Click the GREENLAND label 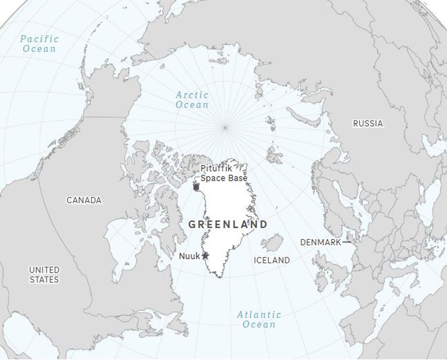(227, 225)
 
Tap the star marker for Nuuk (205, 256)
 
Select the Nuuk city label (189, 256)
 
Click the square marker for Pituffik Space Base (196, 187)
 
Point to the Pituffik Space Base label (223, 173)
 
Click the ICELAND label (272, 260)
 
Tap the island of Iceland (273, 242)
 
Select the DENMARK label (320, 242)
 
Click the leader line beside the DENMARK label (347, 242)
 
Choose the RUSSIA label (368, 124)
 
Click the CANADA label (84, 200)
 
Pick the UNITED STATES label (44, 274)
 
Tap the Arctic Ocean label (192, 100)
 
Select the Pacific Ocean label (39, 44)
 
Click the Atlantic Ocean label (259, 320)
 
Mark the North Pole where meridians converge (225, 128)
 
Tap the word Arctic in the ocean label (192, 95)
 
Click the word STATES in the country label (44, 280)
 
